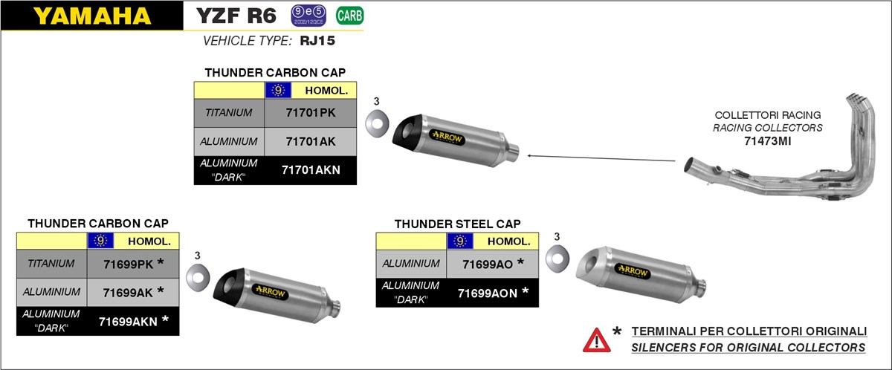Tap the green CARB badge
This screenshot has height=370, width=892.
tap(345, 15)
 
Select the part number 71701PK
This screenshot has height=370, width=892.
tap(311, 113)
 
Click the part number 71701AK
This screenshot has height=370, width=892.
tap(311, 141)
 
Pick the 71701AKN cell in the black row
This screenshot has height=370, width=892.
tap(311, 170)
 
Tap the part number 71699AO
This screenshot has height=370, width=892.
tap(488, 264)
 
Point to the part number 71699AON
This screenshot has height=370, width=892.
tap(488, 292)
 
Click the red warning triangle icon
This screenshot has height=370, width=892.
tap(596, 340)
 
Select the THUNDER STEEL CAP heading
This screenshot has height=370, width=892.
tap(457, 224)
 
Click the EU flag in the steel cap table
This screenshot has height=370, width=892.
tap(460, 241)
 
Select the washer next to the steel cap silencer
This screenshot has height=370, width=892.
tap(557, 259)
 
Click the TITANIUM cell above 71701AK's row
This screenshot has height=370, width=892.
tap(229, 113)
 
